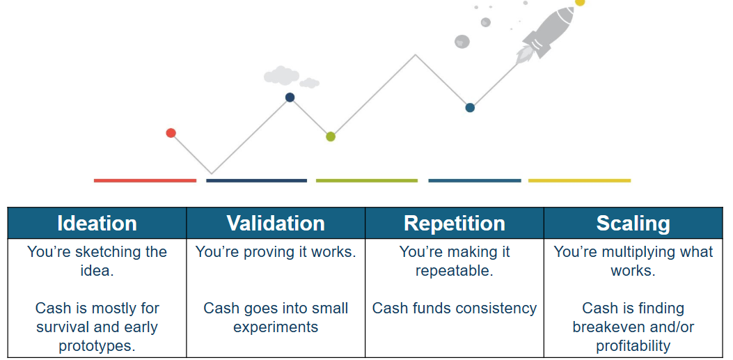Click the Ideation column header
tap(97, 223)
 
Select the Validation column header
tap(276, 223)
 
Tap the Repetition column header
tap(455, 223)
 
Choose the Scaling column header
tap(633, 223)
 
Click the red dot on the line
tap(171, 133)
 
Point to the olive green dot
tap(331, 136)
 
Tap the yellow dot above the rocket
tap(580, 2)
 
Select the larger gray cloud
tap(281, 76)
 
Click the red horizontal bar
tap(145, 180)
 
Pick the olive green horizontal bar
tap(367, 180)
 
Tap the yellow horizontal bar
tap(580, 180)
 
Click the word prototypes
tap(97, 345)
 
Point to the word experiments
tap(276, 327)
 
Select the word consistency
tap(496, 308)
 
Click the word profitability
tap(633, 346)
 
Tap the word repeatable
tap(455, 271)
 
